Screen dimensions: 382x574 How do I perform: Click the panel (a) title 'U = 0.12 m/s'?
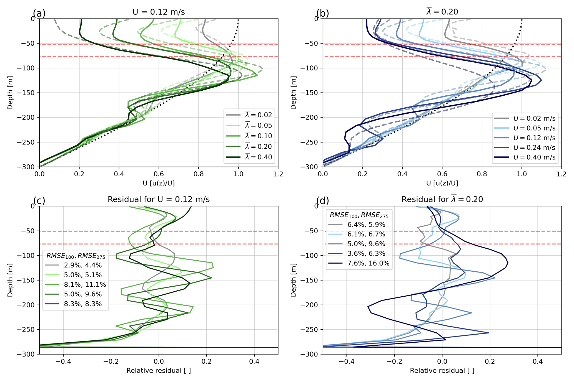(x=159, y=12)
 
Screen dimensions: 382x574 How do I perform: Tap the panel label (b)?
(x=323, y=13)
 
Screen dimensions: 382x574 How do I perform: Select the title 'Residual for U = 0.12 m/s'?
(x=159, y=199)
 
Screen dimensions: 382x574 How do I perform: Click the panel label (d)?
(x=323, y=200)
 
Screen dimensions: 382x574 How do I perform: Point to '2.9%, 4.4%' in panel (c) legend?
(x=83, y=265)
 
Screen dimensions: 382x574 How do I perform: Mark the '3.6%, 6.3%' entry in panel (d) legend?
(x=366, y=253)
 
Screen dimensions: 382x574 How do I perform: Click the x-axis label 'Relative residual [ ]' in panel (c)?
(x=159, y=371)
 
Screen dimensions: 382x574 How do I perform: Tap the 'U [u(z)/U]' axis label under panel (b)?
(x=442, y=183)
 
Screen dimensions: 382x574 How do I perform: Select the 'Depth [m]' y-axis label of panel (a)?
(x=10, y=93)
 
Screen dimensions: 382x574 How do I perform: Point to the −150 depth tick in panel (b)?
(x=311, y=93)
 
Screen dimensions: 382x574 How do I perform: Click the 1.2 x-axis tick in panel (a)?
(x=278, y=174)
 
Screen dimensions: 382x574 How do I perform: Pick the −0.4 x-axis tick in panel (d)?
(x=347, y=361)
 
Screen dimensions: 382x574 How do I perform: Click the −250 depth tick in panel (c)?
(x=27, y=330)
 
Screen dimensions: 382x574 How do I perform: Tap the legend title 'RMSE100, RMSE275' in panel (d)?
(x=359, y=215)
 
